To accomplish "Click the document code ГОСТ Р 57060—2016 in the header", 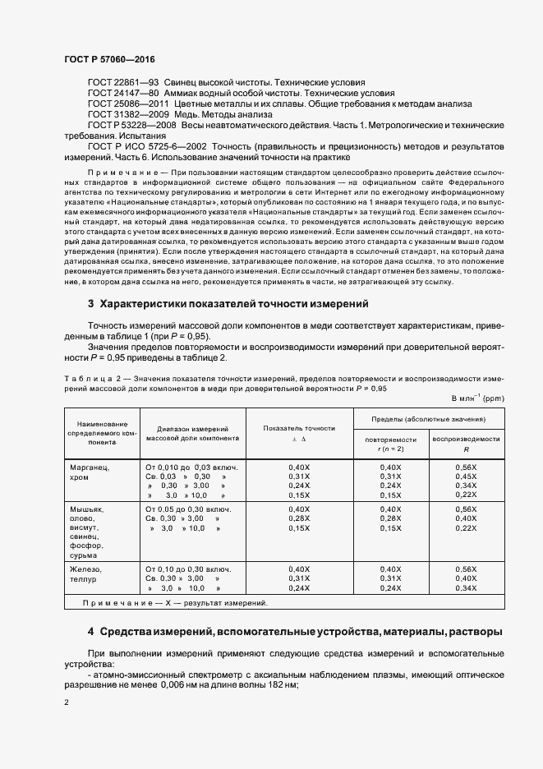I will pos(109,61).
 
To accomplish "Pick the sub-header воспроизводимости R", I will pos(466,444).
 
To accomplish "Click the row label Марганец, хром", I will pos(91,472).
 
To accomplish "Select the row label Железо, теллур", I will pos(88,573).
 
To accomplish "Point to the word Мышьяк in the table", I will pos(89,509).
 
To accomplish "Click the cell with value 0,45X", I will pos(466,477).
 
